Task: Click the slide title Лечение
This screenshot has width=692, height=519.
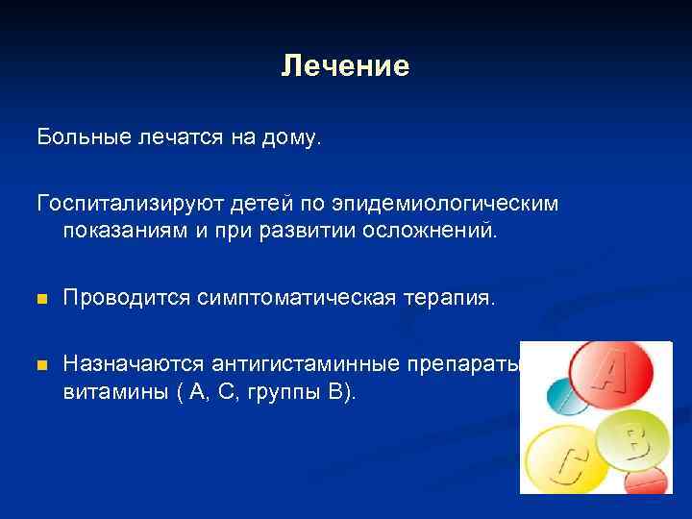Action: pos(345,66)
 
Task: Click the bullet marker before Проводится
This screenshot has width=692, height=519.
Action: pos(41,300)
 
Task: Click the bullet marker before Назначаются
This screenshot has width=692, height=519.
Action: pos(41,365)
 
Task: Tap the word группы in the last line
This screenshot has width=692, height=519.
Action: pos(289,391)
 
